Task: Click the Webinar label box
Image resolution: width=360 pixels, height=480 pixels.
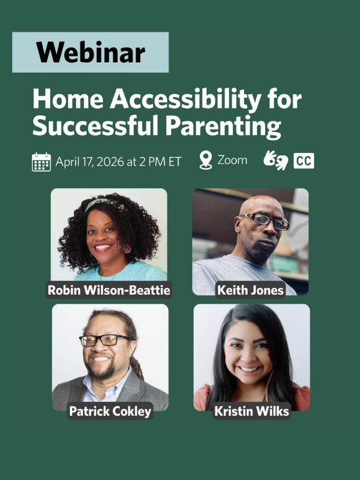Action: click(x=90, y=53)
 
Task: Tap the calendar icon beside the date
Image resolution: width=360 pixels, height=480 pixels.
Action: click(x=41, y=162)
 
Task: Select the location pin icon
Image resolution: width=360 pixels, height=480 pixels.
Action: click(x=206, y=161)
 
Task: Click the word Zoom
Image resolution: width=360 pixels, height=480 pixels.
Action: click(x=232, y=161)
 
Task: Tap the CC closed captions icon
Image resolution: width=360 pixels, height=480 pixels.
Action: click(x=304, y=161)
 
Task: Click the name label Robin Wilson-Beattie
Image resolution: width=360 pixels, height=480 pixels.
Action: click(x=109, y=291)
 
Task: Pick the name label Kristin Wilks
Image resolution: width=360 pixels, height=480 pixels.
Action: click(x=251, y=412)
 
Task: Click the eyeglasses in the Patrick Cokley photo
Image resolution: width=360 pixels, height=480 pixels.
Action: click(x=106, y=340)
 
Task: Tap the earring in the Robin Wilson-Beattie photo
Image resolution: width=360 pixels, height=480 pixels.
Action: click(x=127, y=248)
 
